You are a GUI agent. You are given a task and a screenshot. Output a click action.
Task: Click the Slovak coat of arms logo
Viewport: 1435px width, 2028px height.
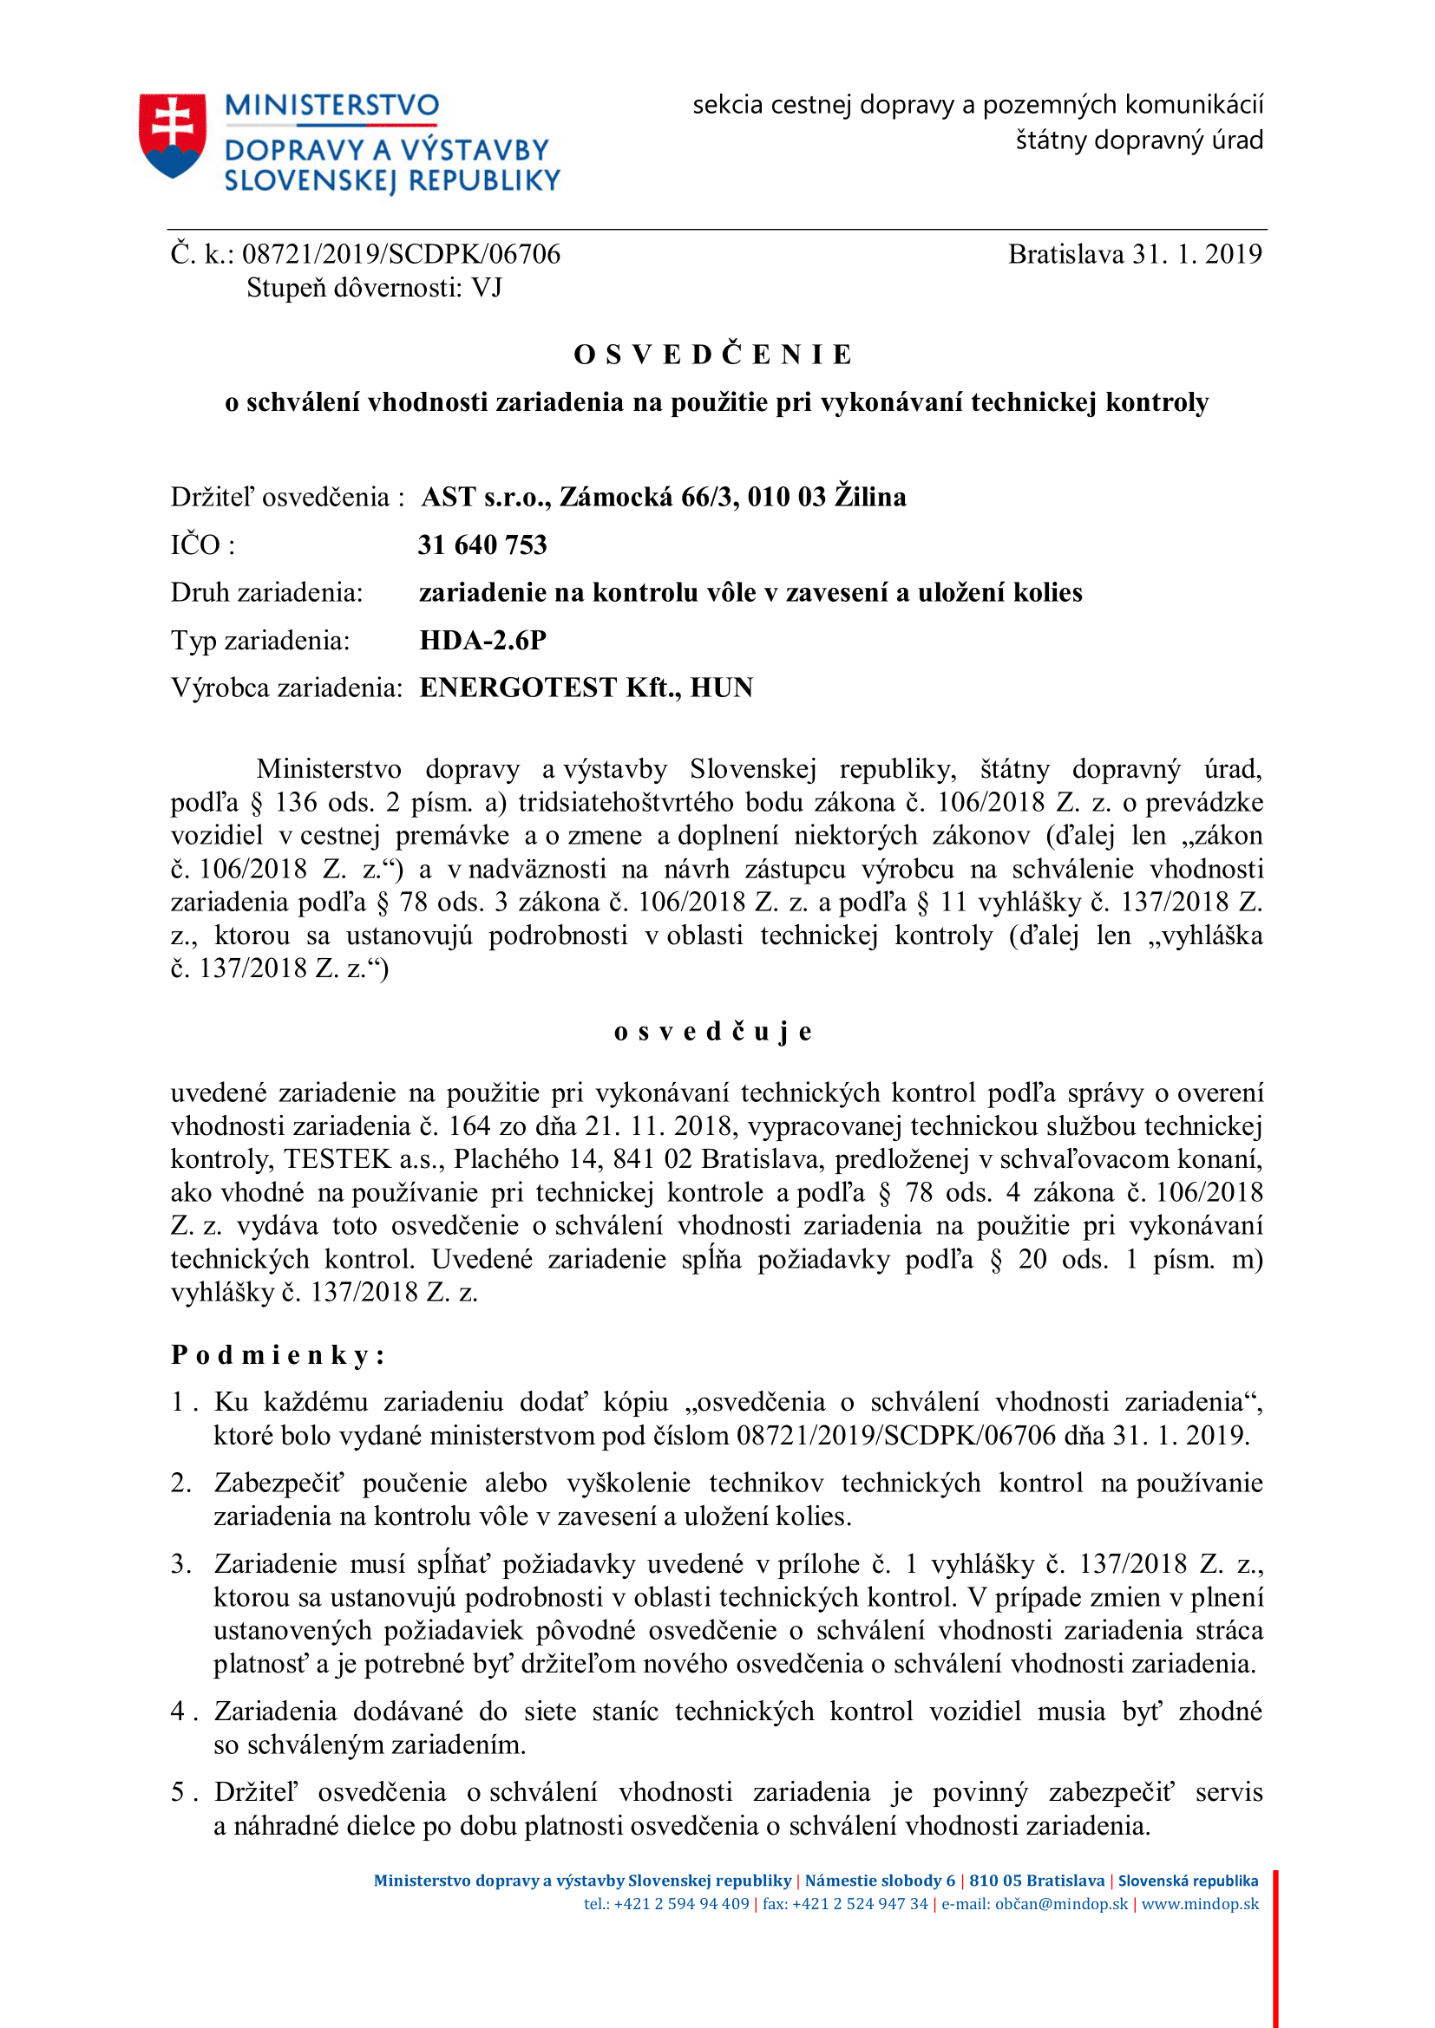pos(173,135)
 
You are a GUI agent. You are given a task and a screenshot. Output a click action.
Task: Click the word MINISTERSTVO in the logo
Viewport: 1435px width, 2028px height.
pos(331,106)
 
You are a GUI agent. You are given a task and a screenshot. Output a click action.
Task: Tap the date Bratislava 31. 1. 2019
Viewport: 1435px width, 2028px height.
pos(1135,254)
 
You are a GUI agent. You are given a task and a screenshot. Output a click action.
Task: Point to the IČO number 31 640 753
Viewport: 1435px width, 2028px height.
pos(482,545)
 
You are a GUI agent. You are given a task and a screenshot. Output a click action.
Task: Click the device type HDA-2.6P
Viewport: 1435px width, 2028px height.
pos(482,641)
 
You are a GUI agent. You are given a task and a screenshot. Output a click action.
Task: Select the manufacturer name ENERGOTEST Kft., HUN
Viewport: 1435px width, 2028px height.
pos(586,688)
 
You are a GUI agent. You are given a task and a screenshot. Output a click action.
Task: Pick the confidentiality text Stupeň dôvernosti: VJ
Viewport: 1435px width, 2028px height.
pos(374,288)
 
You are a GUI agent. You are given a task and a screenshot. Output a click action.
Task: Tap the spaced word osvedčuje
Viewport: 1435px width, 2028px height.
pos(713,1032)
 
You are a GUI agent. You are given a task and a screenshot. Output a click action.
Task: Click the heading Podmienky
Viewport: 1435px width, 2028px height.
pos(278,1355)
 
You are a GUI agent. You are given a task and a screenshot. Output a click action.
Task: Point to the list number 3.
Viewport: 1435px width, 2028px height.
pos(180,1564)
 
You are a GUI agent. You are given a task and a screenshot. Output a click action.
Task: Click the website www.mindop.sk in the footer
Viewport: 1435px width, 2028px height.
pos(1200,1904)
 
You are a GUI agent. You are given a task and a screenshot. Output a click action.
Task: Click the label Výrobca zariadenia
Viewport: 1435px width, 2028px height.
pos(286,688)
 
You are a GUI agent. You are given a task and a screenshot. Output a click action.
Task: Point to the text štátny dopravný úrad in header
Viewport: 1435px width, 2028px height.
pos(1139,140)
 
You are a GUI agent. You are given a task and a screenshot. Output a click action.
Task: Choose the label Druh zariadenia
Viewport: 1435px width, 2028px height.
pos(267,593)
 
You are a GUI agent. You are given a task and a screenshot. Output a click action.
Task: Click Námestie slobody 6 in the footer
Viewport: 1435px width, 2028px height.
pos(880,1881)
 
